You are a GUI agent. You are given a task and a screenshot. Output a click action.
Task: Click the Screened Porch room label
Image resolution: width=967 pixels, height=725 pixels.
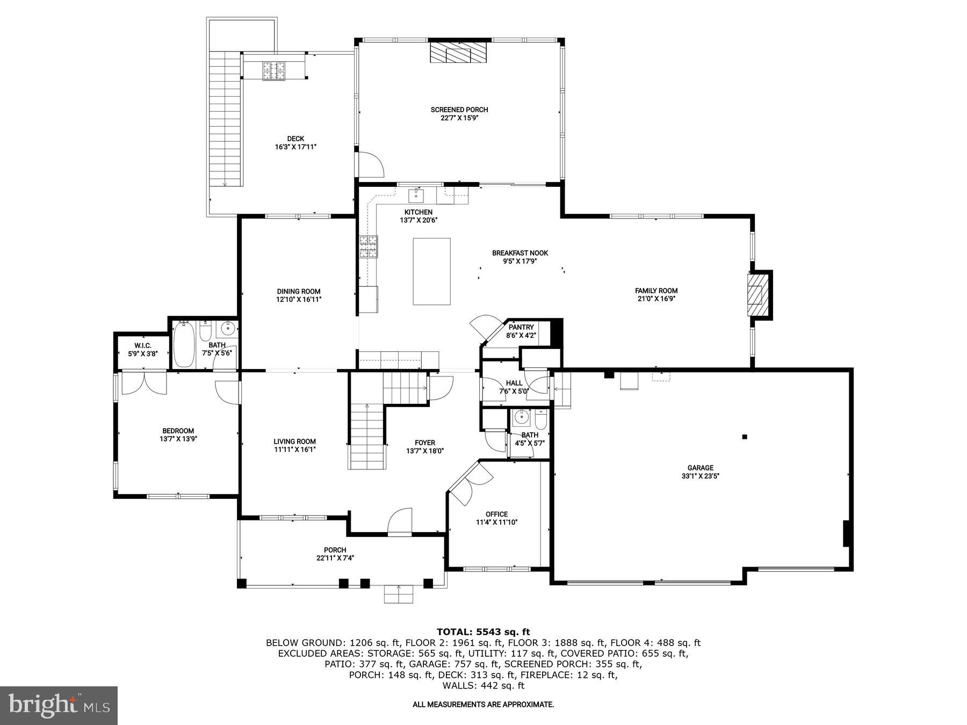[x=459, y=110]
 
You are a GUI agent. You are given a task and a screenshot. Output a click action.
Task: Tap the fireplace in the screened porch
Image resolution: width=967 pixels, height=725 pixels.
[x=458, y=53]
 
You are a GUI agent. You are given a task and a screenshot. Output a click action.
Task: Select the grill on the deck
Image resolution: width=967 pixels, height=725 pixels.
[x=274, y=70]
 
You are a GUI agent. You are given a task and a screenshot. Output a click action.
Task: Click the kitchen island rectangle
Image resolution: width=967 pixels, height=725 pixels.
[x=431, y=271]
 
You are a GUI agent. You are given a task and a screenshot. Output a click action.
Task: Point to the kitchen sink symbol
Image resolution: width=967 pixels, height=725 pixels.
[x=416, y=193]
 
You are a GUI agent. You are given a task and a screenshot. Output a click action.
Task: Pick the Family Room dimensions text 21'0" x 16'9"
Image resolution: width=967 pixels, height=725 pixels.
[x=656, y=299]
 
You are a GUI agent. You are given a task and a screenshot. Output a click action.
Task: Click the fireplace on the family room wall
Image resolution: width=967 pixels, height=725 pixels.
[x=759, y=295]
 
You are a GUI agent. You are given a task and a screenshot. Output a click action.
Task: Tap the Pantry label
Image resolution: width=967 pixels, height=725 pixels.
[x=521, y=327]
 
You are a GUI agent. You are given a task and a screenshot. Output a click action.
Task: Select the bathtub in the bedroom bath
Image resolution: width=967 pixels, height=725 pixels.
[x=183, y=344]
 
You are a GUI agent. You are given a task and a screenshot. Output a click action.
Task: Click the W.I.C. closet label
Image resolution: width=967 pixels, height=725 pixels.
[x=143, y=345]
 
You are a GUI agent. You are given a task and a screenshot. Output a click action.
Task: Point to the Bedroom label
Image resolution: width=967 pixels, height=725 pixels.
[x=178, y=431]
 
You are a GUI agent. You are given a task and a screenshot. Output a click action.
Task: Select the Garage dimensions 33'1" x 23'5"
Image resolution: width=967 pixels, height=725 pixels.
[x=700, y=476]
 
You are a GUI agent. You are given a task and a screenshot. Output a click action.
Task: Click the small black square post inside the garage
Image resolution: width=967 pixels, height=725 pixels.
[x=745, y=437]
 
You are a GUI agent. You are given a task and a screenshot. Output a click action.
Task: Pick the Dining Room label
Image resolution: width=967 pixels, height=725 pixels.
[x=299, y=292]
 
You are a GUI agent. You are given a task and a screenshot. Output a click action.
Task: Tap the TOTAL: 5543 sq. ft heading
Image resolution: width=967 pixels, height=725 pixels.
[x=483, y=632]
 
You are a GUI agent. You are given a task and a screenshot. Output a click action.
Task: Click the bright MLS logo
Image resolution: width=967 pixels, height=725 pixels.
[x=59, y=705]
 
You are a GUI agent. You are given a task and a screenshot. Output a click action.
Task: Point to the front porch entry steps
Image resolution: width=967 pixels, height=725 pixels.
[x=399, y=594]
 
